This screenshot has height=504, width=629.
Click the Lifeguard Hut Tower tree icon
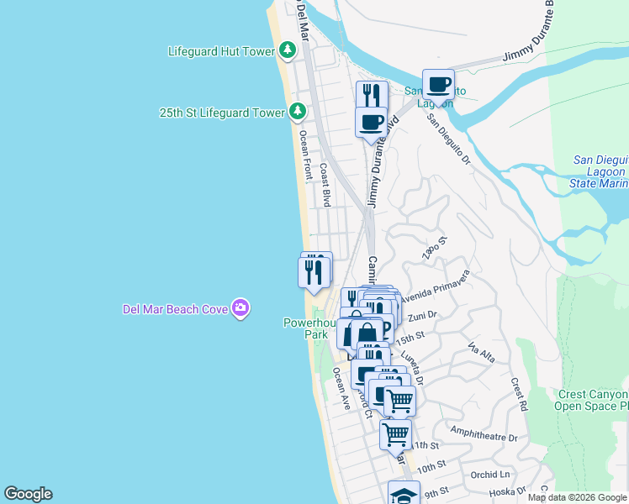(x=288, y=51)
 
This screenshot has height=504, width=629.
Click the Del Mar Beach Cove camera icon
(x=240, y=309)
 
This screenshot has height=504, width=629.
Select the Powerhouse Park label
(x=309, y=328)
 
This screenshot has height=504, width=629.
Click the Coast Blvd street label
(x=325, y=184)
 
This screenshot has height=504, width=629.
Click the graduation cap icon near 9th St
(x=404, y=494)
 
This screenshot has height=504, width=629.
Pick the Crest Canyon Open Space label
(x=593, y=400)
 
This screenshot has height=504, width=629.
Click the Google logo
(x=28, y=494)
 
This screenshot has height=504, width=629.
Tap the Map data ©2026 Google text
(x=577, y=497)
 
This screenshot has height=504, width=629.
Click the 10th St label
(x=431, y=467)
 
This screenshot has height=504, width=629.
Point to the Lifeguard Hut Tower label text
(x=221, y=51)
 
